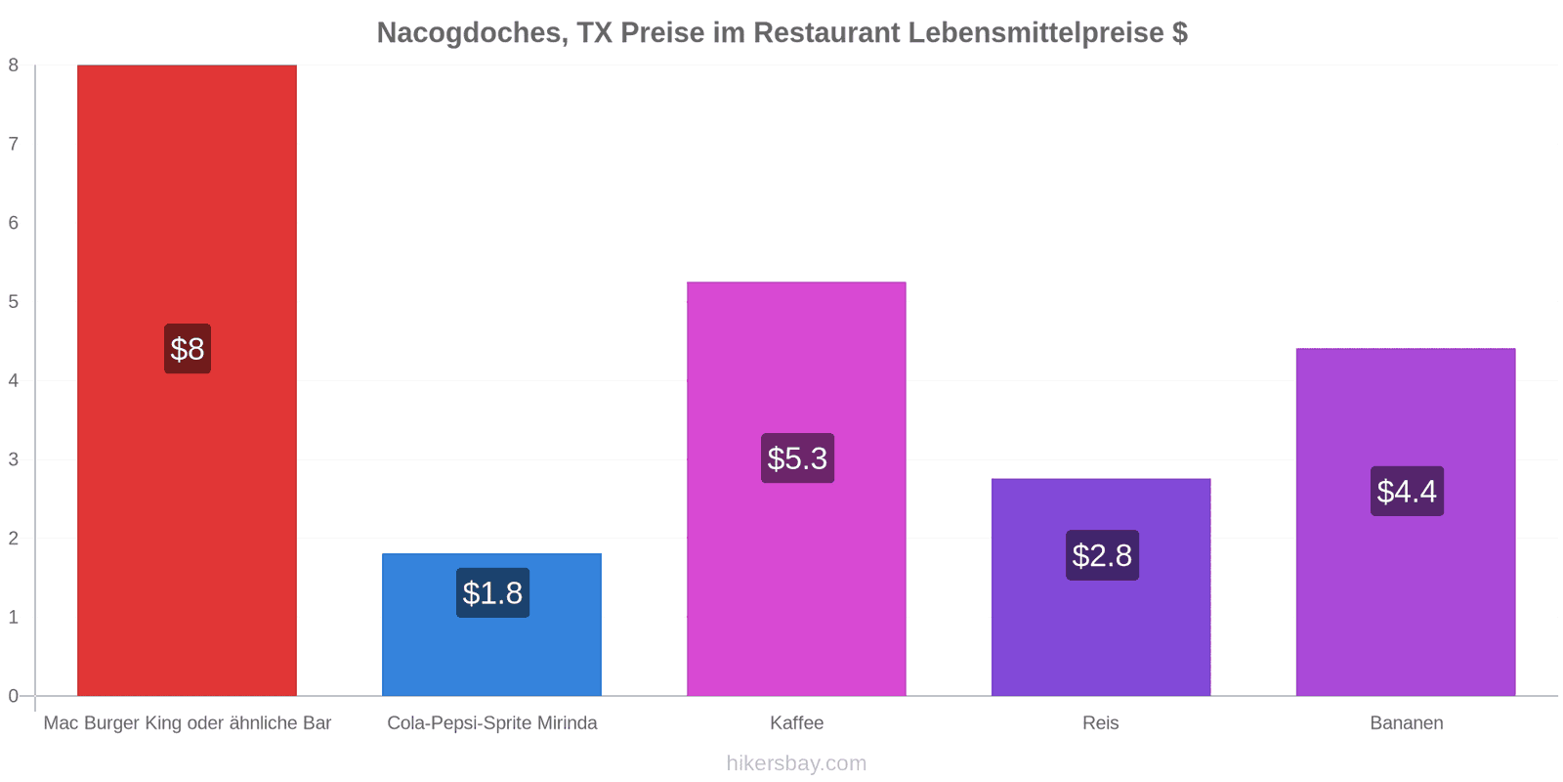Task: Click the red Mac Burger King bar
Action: coord(187,380)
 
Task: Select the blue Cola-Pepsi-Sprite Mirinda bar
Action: coord(492,625)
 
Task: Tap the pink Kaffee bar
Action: coord(796,489)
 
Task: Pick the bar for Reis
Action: coord(1101,587)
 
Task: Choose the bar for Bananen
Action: coord(1406,522)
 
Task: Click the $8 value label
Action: coord(188,348)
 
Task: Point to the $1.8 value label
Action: coord(492,592)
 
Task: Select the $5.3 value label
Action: coord(797,458)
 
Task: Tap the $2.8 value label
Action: coord(1103,555)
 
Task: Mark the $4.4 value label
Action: coord(1408,491)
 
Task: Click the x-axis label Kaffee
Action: coord(797,722)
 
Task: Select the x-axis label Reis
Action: coord(1100,722)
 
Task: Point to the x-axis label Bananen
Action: coord(1407,722)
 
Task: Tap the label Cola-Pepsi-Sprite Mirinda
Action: coord(492,722)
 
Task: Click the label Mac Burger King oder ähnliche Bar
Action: coord(187,722)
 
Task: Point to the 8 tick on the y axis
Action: coord(14,65)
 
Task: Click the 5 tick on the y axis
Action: coord(14,302)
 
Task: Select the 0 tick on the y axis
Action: coord(14,695)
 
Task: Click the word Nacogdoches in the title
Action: coord(473,33)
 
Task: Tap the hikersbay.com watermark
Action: coord(796,762)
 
